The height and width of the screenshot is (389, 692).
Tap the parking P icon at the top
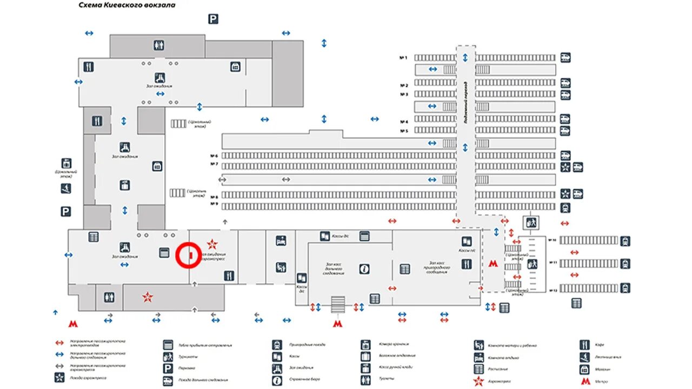click(213, 19)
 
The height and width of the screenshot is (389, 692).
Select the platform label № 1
click(403, 57)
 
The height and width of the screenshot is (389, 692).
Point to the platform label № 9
click(214, 204)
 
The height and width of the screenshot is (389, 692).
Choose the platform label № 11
click(553, 263)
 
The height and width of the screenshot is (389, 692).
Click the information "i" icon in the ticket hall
click(365, 269)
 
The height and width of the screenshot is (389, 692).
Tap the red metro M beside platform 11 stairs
click(492, 264)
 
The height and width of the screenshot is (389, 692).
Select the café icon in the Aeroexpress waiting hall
click(229, 276)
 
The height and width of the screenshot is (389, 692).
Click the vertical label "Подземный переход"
click(465, 103)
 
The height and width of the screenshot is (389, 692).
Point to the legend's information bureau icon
click(277, 380)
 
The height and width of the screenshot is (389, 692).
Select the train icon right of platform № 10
click(626, 240)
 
